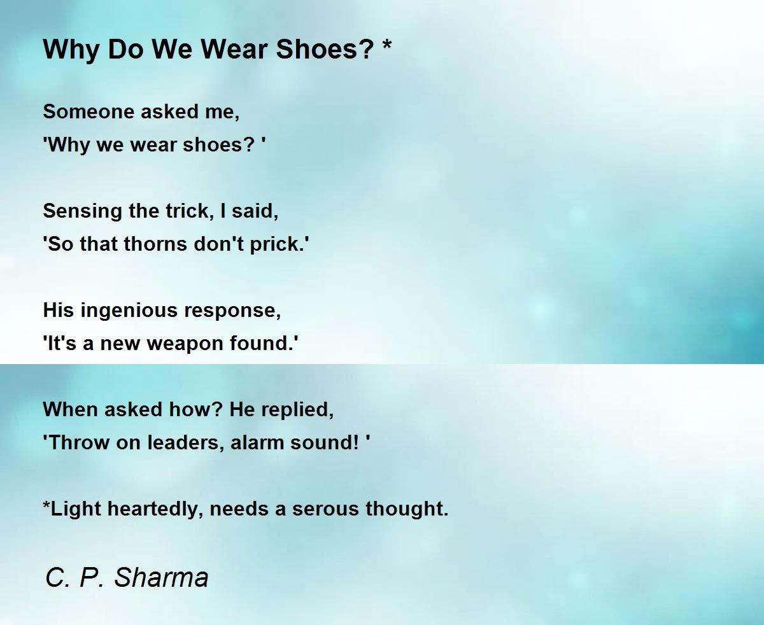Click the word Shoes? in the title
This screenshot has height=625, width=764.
(325, 49)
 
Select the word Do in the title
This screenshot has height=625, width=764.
(125, 49)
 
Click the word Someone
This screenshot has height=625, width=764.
(88, 111)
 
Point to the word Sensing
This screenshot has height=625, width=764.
(82, 211)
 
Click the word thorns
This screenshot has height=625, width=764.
(156, 244)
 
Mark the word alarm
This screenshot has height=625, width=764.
(257, 442)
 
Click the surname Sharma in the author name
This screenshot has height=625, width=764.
(161, 577)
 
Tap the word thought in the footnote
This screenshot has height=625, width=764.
(407, 509)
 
